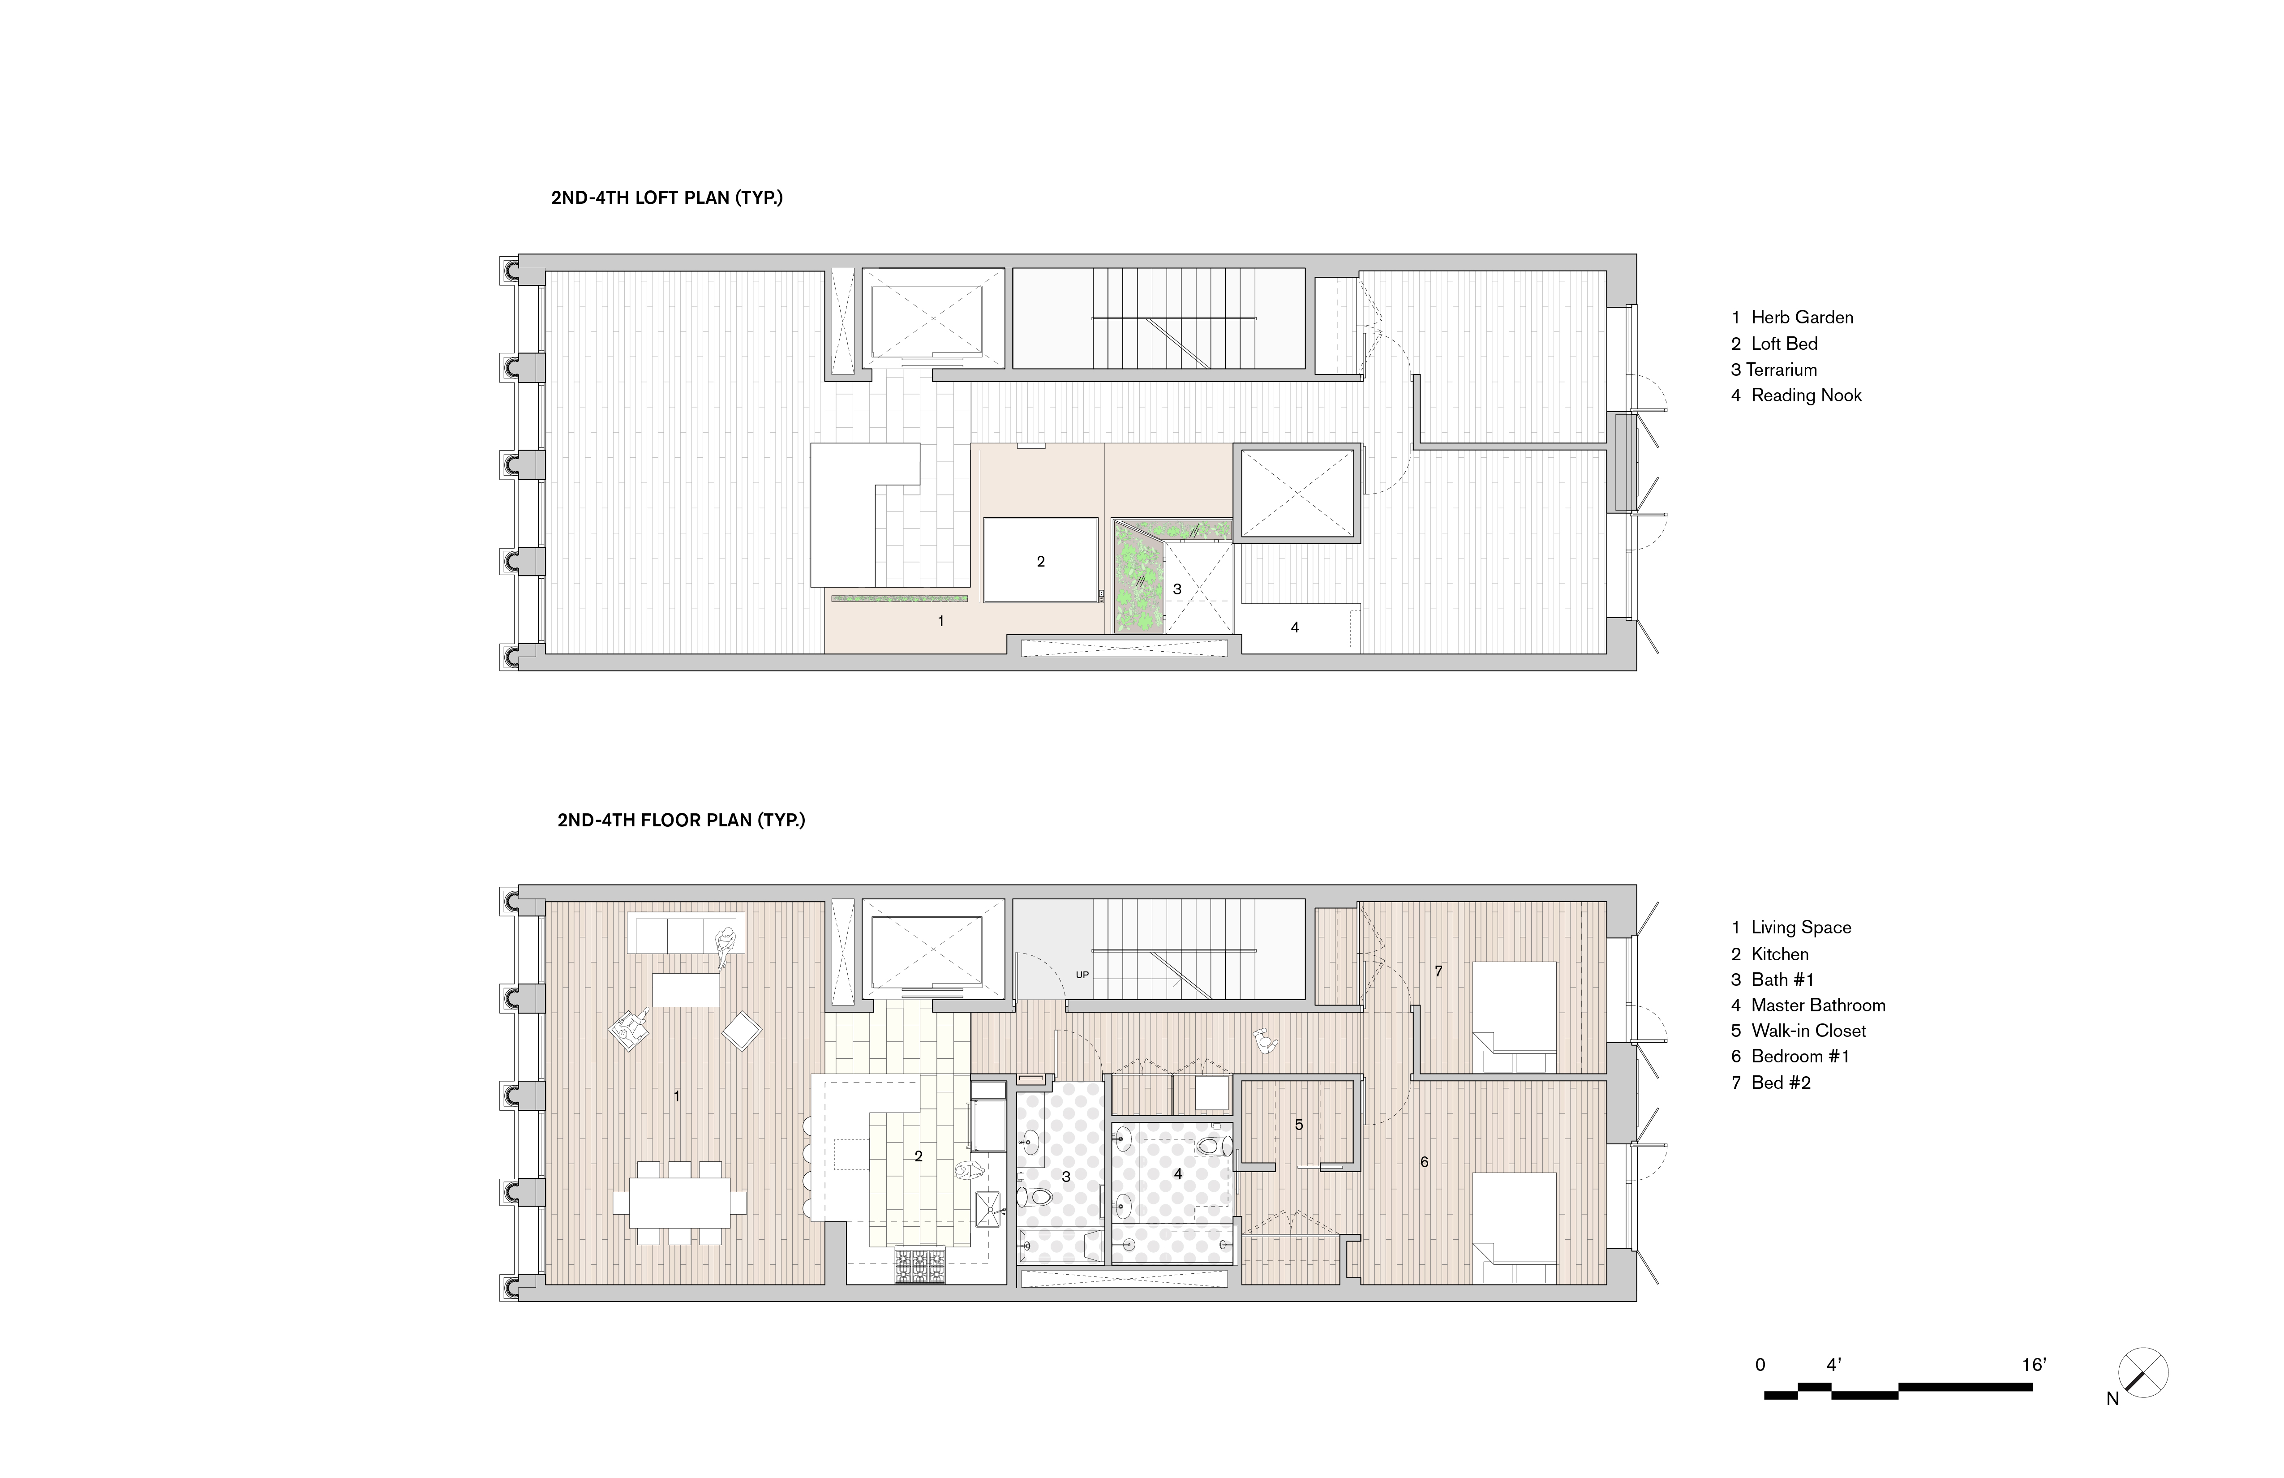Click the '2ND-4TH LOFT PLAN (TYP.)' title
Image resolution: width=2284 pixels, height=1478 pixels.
pos(667,199)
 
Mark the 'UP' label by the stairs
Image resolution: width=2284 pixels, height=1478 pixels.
pos(1082,975)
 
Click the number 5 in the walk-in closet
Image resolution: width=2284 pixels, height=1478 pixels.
pos(1298,1125)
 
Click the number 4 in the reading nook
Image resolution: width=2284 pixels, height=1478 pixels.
pos(1295,627)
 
